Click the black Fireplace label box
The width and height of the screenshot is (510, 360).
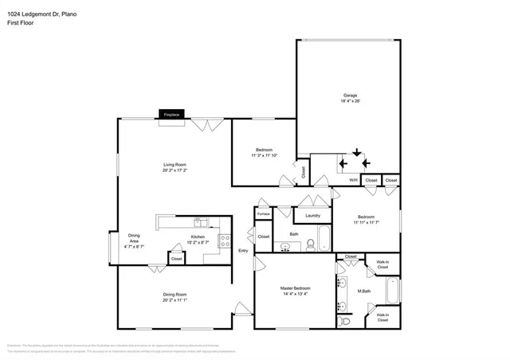171,115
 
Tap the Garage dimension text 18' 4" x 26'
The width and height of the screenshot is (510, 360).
351,101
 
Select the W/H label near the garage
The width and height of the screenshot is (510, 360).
353,181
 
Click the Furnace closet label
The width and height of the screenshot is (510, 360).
263,213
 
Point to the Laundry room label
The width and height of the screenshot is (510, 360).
312,215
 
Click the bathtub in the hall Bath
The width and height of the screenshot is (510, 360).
324,238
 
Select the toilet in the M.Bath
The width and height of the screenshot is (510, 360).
344,321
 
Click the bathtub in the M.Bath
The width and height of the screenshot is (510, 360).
393,291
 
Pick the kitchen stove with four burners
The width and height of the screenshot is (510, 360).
226,238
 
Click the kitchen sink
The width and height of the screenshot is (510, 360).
202,222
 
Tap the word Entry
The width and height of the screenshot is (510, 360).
244,251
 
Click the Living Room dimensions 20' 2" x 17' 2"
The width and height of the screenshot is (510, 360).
178,170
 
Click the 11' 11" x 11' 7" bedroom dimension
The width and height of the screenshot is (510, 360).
366,223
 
